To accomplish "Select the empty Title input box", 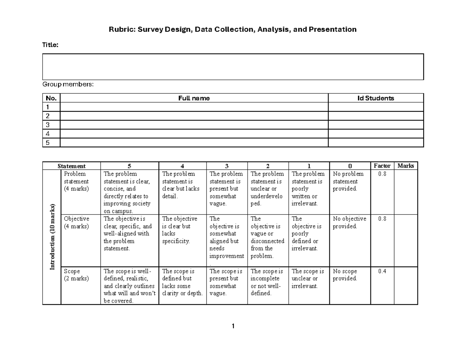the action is tap(233, 67).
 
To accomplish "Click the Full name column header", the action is tap(194, 98).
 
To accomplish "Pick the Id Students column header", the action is tap(376, 98).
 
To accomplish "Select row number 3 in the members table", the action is tap(48, 125).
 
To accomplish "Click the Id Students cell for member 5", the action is tap(376, 143).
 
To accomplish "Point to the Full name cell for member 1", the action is tap(194, 107).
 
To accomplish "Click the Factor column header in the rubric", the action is tap(382, 166).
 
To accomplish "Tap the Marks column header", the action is tap(406, 166).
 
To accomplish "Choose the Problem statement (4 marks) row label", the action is tap(77, 181).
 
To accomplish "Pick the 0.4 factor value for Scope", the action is tap(382, 271).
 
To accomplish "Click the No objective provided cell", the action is tap(349, 223).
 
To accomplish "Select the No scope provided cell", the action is tap(345, 275).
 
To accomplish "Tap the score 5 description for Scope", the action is tap(129, 286).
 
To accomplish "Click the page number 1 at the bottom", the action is tap(233, 326).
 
